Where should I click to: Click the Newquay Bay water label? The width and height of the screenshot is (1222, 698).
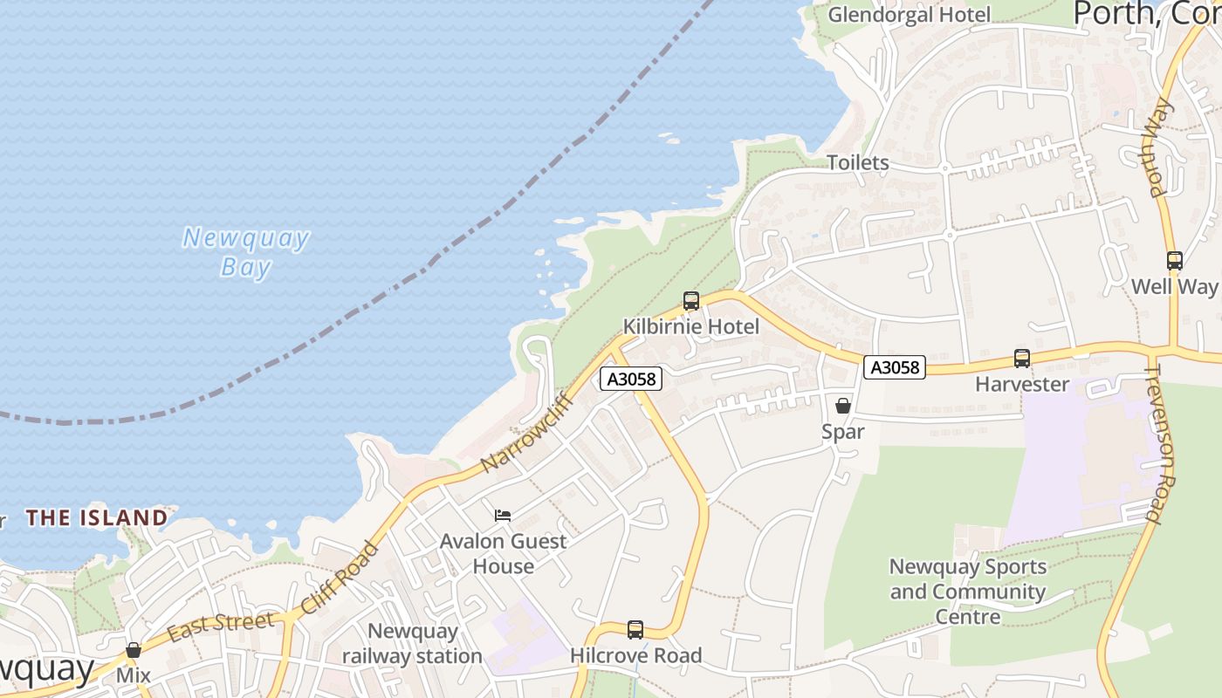pos(245,251)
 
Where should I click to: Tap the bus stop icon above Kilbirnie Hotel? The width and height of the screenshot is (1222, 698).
pos(691,302)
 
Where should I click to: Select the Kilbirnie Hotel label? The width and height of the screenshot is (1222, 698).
pos(690,327)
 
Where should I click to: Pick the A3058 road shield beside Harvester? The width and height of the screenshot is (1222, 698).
pos(895,367)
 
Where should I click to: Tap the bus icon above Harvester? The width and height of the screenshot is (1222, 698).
pos(1021,359)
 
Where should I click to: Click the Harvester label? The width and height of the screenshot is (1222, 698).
pos(1021,385)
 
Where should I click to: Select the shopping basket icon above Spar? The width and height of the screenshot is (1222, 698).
pos(843,406)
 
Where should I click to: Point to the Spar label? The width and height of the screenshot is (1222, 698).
pos(843,432)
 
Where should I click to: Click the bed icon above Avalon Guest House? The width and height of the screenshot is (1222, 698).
pos(503,516)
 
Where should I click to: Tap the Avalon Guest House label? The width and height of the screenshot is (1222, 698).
pos(503,554)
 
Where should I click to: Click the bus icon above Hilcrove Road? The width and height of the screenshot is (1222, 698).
pos(635,629)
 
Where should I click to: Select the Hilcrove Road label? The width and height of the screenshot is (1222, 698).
pos(635,655)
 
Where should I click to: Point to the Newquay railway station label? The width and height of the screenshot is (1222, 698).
pos(413,644)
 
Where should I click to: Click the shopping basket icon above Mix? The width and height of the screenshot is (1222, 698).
pos(134,650)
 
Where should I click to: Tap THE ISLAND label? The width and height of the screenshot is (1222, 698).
pos(97,518)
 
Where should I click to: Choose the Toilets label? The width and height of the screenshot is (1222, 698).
pos(858,163)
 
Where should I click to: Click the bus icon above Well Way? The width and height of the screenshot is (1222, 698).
pos(1175,261)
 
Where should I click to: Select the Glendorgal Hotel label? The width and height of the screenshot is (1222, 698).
pos(909,15)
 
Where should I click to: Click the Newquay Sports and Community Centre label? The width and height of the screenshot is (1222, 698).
pos(967,592)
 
